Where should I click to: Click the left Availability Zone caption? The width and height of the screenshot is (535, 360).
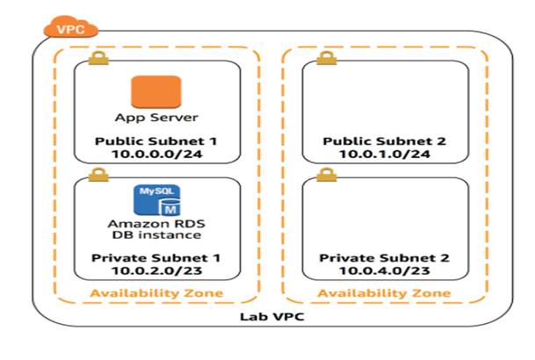[155, 292]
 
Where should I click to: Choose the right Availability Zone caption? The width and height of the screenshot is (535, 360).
[384, 292]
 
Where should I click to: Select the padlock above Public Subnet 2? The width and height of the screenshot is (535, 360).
[324, 60]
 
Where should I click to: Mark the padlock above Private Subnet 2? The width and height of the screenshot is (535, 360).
[324, 176]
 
